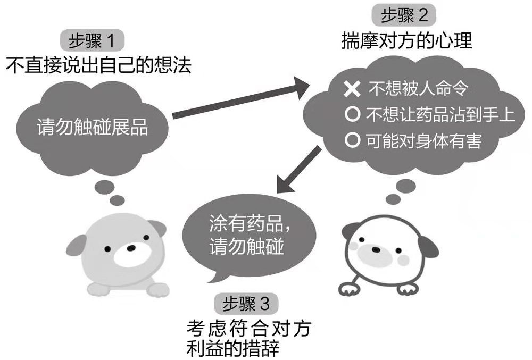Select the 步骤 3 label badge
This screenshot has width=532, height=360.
(246, 304)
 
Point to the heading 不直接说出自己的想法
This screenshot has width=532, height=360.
(98, 65)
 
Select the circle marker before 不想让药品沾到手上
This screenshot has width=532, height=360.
(351, 114)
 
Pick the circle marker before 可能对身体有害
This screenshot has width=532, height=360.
(351, 141)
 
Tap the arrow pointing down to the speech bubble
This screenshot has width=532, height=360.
(298, 170)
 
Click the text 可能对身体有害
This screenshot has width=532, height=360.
(423, 141)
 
